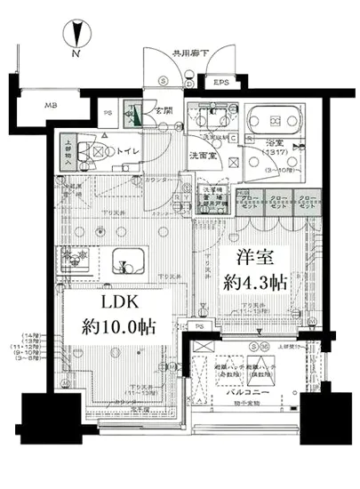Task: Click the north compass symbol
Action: click(x=77, y=36)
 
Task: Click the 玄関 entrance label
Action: click(x=164, y=112)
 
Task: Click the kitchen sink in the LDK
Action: click(x=131, y=261)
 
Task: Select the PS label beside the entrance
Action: click(x=108, y=113)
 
